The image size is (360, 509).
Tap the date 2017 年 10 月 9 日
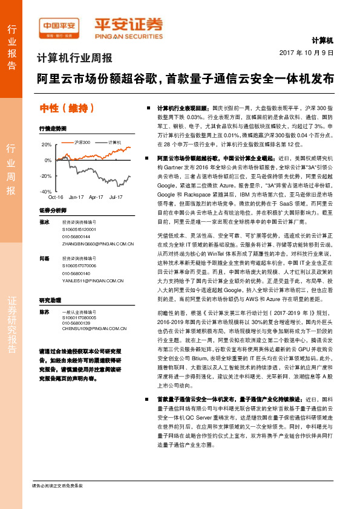(x=307, y=53)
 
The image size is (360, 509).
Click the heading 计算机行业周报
(x=75, y=59)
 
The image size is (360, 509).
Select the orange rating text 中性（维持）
(x=67, y=108)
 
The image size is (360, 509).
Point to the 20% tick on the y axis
(x=46, y=145)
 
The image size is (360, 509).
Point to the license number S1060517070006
(x=79, y=266)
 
